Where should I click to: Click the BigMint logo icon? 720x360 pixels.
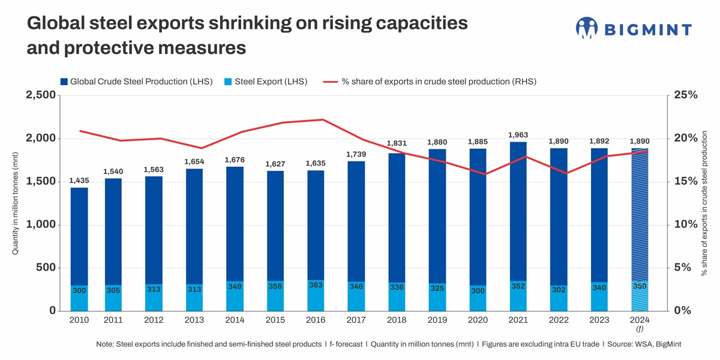pos(586,28)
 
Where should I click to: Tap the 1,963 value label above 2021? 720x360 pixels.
pos(518,134)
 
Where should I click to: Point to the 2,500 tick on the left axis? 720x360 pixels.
pos(39,95)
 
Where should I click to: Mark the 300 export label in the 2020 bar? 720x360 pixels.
pos(477,290)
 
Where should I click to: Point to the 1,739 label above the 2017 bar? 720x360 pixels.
pos(356,154)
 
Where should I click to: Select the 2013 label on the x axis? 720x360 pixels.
pos(194,320)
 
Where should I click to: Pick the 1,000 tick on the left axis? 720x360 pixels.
pos(41,224)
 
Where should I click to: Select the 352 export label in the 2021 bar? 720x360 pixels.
pos(518,286)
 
